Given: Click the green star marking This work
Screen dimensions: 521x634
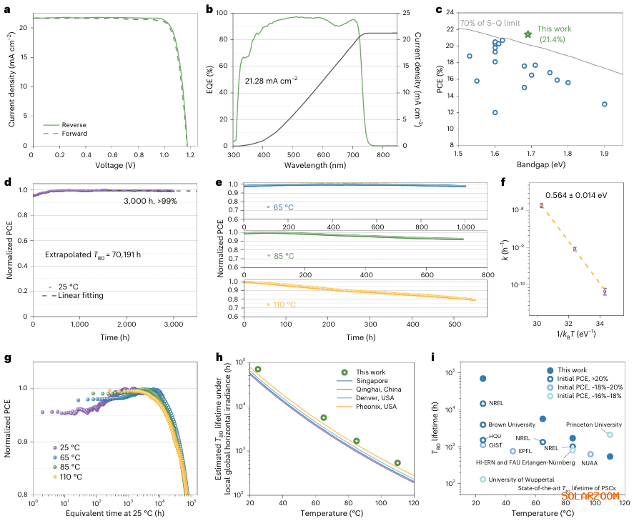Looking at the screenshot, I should point(528,34).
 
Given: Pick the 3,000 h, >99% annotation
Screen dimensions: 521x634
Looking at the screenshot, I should point(152,201).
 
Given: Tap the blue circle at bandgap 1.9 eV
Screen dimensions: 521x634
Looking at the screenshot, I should point(605,104).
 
